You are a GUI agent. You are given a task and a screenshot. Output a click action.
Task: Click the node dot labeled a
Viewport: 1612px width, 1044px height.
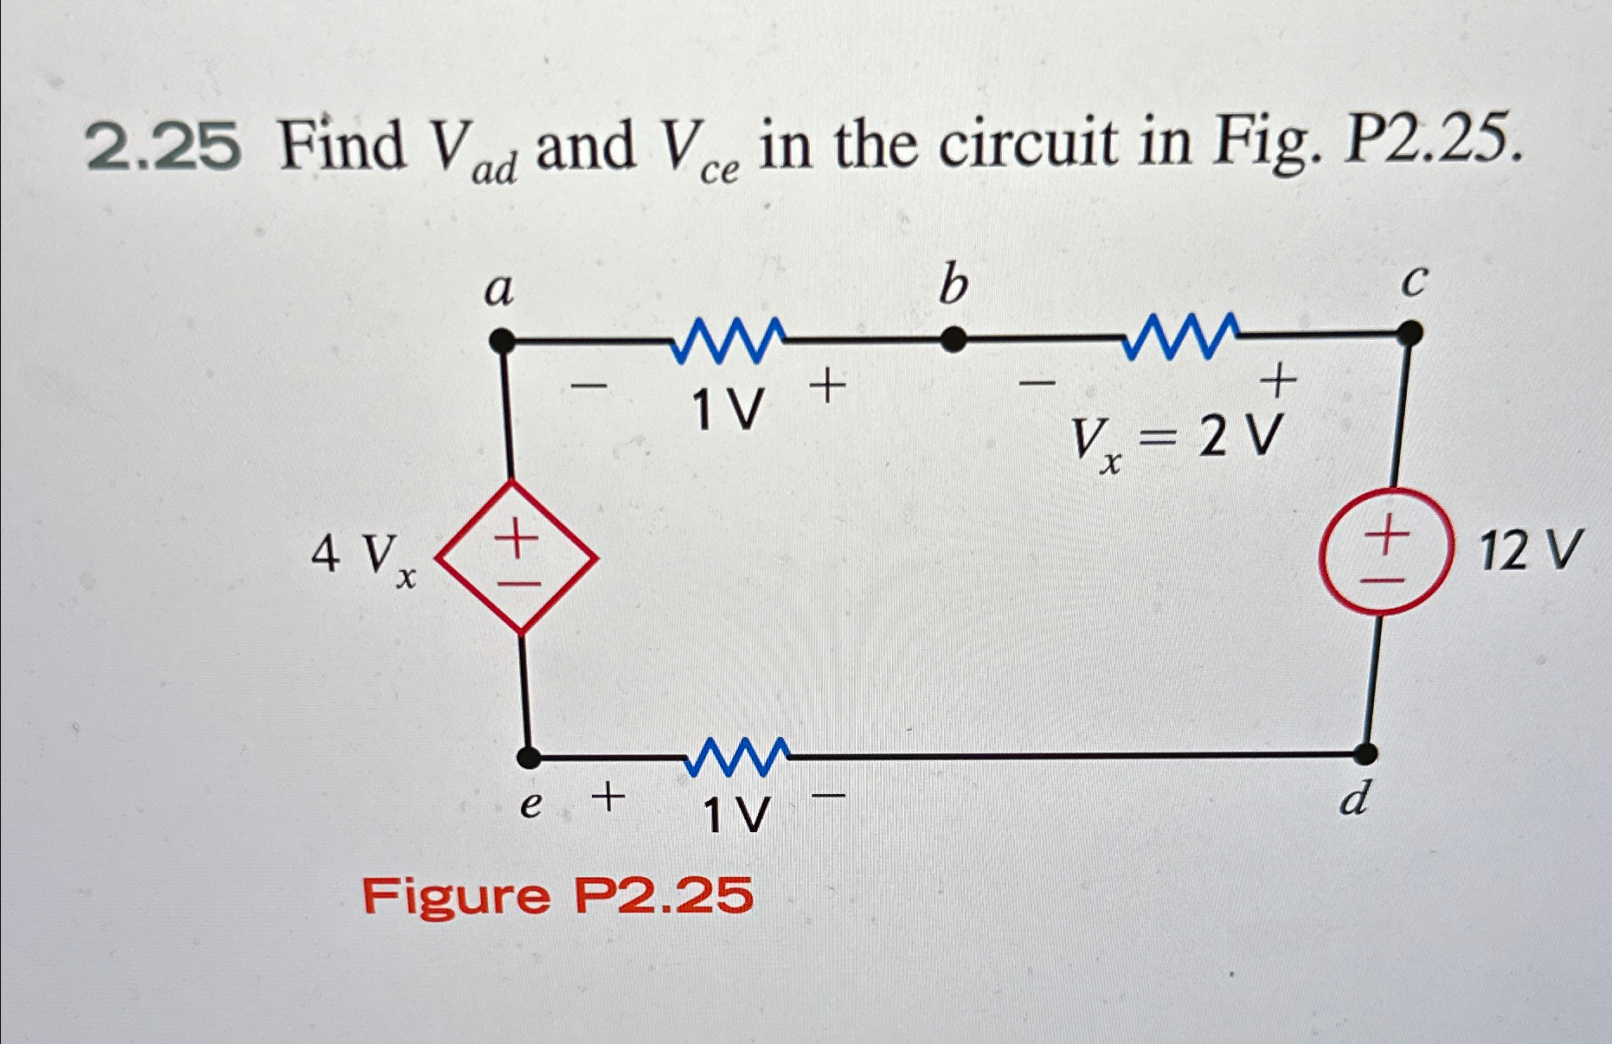[x=501, y=342]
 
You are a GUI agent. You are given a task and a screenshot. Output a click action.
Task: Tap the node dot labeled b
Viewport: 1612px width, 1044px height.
[x=953, y=340]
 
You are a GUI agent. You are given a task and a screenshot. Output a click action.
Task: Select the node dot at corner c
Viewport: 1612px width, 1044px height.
[x=1410, y=333]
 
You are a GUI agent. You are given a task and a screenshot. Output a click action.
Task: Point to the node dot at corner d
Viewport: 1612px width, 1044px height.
[x=1365, y=754]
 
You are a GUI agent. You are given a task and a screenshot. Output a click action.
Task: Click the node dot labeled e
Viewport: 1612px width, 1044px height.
[x=529, y=759]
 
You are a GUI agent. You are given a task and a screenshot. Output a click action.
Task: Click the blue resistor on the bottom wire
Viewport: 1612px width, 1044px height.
[x=737, y=757]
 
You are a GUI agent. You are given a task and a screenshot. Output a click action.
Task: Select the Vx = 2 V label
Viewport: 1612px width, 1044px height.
[x=1174, y=441]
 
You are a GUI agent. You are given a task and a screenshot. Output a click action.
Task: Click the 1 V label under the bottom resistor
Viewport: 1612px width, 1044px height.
[x=736, y=815]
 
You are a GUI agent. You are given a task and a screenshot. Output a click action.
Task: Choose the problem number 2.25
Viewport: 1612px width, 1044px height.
[x=164, y=146]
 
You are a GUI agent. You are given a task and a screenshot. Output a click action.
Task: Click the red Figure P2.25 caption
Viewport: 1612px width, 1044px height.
[x=557, y=895]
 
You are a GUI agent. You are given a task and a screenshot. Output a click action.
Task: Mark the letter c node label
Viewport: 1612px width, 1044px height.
[x=1412, y=282]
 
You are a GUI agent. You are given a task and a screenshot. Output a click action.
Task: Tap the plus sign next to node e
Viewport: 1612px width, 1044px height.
[x=609, y=797]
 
